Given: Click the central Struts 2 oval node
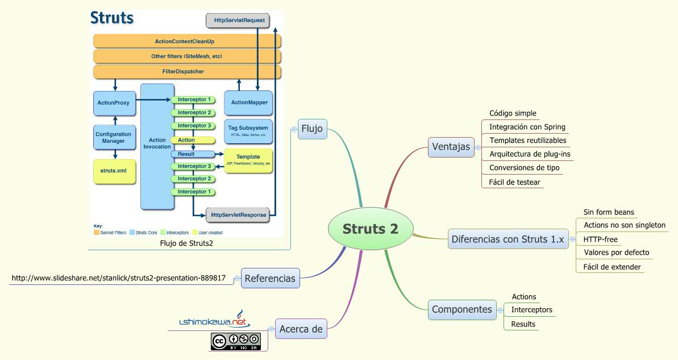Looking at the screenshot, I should point(370,229).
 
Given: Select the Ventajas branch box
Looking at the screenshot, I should point(451,146).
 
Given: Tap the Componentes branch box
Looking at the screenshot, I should point(461,309).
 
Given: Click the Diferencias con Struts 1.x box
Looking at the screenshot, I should point(508,239).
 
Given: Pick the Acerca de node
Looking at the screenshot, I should point(301,328).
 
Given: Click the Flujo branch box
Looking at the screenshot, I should point(312,129).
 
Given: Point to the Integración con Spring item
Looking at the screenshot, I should point(527,127).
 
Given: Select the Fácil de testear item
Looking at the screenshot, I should point(514,183).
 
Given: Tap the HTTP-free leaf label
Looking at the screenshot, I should point(600,239).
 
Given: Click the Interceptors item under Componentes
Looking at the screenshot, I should point(531,310).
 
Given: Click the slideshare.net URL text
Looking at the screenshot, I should point(119,278).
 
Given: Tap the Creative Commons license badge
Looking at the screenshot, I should point(235,341).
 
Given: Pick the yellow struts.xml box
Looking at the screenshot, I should point(114,170).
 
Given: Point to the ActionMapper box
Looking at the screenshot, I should point(249,103).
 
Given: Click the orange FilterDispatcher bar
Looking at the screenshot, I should point(187,72).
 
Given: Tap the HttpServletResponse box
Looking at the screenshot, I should point(238,215).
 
